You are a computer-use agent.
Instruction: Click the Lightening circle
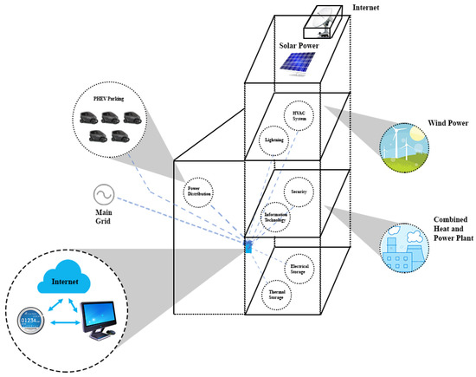click(x=273, y=139)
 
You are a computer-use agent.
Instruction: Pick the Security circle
click(x=301, y=191)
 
